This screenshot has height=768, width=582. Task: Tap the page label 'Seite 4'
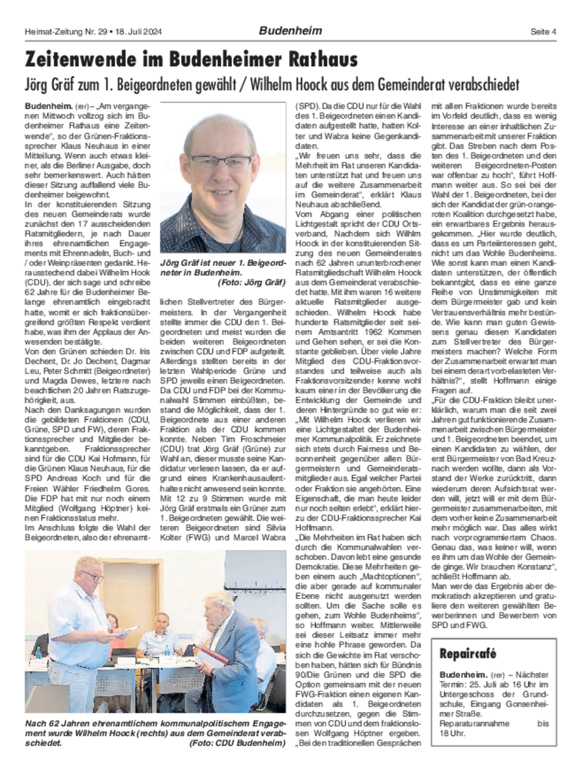coord(543,31)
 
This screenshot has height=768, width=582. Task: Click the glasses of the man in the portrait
coord(222,161)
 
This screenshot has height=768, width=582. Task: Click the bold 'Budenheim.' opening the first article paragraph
coord(44,105)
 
